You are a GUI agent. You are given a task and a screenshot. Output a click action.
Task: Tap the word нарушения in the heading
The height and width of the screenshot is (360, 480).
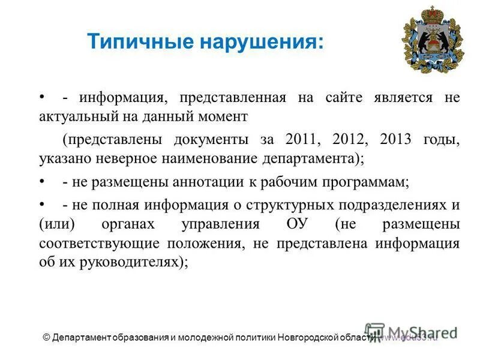point(262,42)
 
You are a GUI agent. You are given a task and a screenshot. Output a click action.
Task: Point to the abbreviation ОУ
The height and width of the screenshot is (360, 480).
point(292,224)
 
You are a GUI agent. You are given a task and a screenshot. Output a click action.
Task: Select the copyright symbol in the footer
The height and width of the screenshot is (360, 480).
point(46,337)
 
